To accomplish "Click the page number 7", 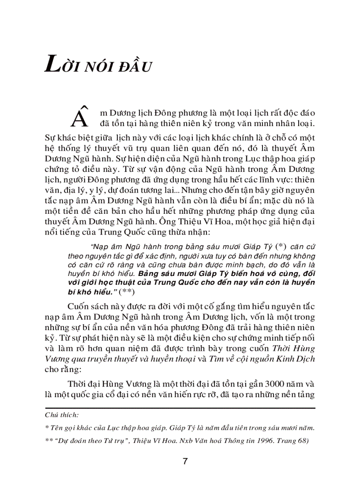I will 185,462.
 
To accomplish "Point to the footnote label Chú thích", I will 62,415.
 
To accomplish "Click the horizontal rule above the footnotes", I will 180,408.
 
